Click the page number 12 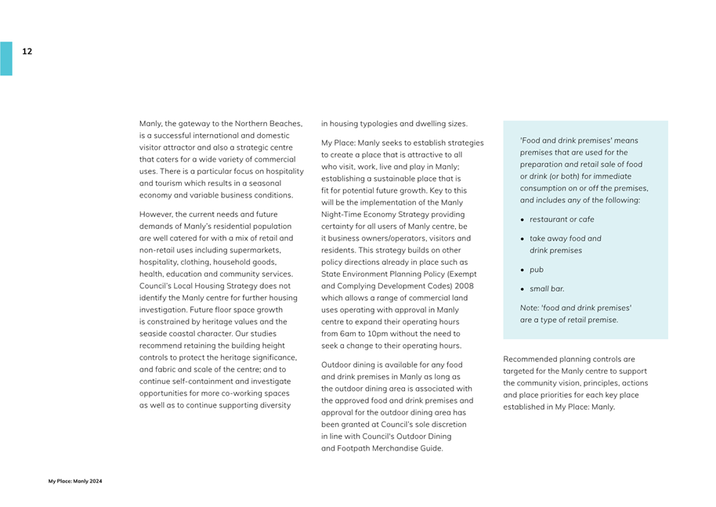click(27, 52)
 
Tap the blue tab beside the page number click(6, 59)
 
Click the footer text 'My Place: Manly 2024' click(75, 481)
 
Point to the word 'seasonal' click(264, 183)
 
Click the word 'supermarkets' click(254, 250)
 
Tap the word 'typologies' click(378, 124)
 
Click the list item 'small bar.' click(547, 289)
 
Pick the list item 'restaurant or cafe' click(562, 219)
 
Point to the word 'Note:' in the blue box click(530, 308)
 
